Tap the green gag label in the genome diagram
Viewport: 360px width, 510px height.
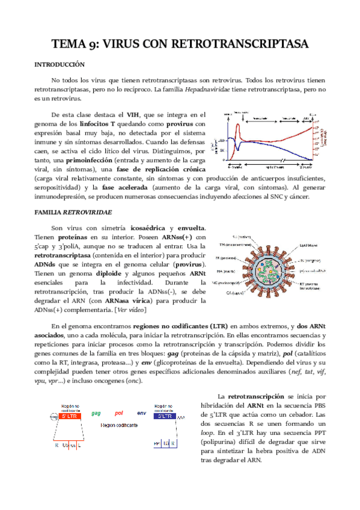(96, 413)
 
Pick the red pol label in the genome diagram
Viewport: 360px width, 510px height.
(118, 413)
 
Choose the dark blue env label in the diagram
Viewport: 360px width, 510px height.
(141, 413)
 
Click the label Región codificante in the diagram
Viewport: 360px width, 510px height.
(120, 425)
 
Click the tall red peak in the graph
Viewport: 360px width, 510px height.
(238, 127)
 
